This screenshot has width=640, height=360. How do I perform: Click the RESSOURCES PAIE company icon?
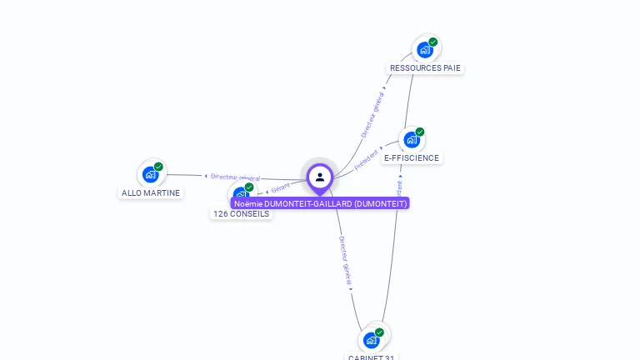click(x=425, y=49)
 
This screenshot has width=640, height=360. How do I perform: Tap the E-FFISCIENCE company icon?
click(x=411, y=140)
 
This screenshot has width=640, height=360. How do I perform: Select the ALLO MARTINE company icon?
click(x=151, y=174)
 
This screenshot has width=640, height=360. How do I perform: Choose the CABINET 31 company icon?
click(x=372, y=340)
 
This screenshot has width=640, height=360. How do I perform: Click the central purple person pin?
click(x=320, y=177)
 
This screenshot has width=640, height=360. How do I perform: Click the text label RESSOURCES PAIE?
click(x=425, y=68)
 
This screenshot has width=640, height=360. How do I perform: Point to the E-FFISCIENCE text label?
click(x=412, y=158)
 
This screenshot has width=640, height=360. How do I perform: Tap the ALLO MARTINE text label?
click(x=151, y=193)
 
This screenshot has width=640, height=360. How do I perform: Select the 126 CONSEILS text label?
click(x=241, y=214)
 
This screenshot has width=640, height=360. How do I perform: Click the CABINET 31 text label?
click(x=372, y=357)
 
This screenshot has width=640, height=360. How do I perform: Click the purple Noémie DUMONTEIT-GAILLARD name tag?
click(x=320, y=203)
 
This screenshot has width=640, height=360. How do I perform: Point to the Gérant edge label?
click(x=280, y=189)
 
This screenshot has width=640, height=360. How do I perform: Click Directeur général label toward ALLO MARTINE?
click(x=235, y=177)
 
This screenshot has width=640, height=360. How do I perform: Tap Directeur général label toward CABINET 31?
click(x=346, y=262)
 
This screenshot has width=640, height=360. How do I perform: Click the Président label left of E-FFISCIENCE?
click(x=367, y=159)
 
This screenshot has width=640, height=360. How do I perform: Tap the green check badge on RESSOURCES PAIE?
click(x=433, y=42)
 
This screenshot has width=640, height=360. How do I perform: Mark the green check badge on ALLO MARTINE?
click(x=158, y=167)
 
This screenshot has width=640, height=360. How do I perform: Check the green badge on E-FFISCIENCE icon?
click(x=420, y=132)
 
